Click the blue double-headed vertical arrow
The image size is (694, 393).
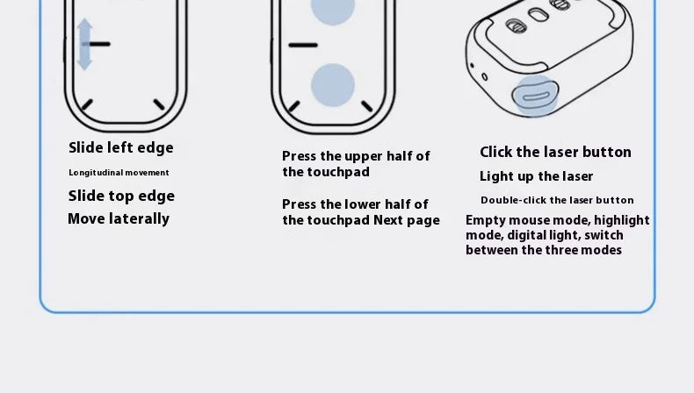pos(84,45)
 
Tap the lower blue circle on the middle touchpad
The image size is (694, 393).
pos(333,84)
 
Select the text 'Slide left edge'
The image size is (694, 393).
pos(121,147)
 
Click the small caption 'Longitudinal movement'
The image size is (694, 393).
pos(119,173)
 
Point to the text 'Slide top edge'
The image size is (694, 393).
pos(121,196)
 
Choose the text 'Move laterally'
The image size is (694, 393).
pos(119,218)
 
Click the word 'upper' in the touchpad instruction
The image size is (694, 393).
pos(365,156)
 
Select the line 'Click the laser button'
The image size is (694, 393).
pos(555,152)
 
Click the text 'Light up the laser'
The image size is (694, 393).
pos(536,176)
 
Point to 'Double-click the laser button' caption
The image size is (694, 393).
pos(557,200)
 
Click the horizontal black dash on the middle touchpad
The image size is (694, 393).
pos(303,44)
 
